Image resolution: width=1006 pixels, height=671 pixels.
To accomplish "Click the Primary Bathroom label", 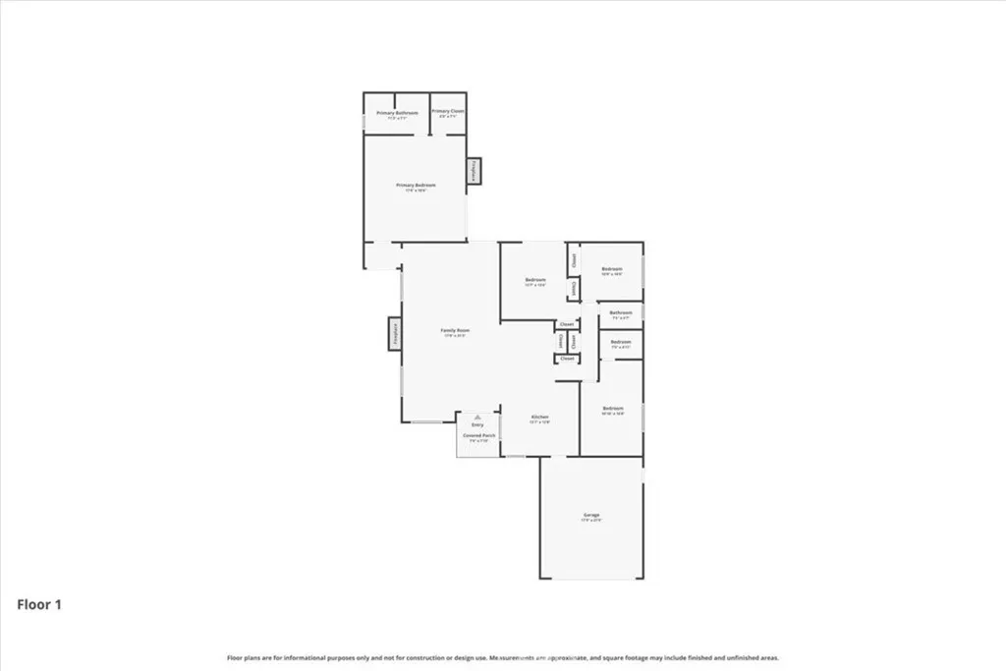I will tap(397, 113).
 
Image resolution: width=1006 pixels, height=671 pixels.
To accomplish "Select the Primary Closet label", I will tap(447, 112).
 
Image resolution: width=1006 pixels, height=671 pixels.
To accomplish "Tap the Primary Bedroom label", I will tap(416, 185).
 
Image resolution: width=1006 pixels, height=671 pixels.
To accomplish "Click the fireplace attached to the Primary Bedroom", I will tap(475, 171).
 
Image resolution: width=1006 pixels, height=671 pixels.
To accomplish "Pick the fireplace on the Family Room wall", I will tap(393, 333).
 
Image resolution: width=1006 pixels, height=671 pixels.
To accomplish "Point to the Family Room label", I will tap(455, 330).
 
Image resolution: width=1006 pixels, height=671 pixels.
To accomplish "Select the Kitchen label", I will tap(539, 418).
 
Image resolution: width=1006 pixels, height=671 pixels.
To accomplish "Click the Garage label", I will tap(591, 515).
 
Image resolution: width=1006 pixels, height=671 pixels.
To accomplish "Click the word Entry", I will tap(477, 424).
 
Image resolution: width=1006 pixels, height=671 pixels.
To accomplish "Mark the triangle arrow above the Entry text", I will tap(477, 417).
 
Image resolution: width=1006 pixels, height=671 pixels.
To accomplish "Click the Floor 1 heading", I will tap(39, 605).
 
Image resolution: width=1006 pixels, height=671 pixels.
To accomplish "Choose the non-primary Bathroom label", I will tap(620, 312).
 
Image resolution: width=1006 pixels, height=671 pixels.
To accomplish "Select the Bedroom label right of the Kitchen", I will tap(612, 408).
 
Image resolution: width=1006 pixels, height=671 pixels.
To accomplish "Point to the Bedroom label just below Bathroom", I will tap(620, 342).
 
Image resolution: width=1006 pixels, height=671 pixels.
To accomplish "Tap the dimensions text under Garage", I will tap(591, 521).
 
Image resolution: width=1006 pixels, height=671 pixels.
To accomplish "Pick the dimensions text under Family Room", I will tap(455, 336).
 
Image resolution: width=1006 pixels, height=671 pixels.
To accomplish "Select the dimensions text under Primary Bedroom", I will tap(416, 191).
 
